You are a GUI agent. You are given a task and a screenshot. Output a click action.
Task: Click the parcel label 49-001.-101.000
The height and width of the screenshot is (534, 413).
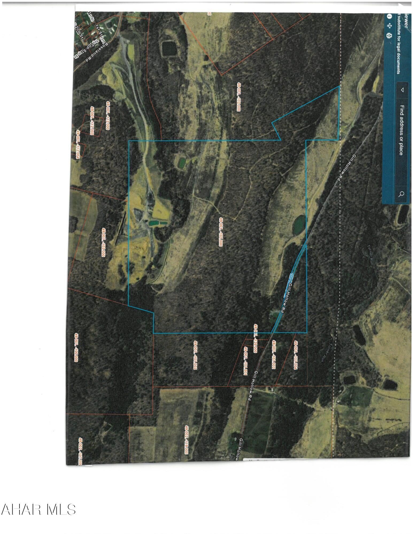[x=221, y=231]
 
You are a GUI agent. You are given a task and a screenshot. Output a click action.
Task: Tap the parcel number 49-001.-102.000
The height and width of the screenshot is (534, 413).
[x=239, y=97]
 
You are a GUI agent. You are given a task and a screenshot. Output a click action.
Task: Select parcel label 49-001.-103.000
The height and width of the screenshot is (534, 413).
[x=103, y=242]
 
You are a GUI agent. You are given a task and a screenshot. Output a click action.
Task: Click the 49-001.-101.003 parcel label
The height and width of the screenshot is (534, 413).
[x=195, y=355]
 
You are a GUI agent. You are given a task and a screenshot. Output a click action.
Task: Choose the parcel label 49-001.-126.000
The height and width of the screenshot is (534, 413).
[x=256, y=338]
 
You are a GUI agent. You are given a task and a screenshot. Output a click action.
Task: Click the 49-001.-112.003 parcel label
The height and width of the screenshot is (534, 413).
[x=92, y=121]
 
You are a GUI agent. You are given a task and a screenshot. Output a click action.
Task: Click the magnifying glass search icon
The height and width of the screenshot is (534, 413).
[x=401, y=194]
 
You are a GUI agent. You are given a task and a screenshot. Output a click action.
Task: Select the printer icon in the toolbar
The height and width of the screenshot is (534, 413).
[x=389, y=36]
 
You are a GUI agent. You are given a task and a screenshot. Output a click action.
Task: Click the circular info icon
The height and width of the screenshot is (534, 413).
[x=389, y=16]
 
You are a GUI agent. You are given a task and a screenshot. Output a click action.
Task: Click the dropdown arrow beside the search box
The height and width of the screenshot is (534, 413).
[x=402, y=90]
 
